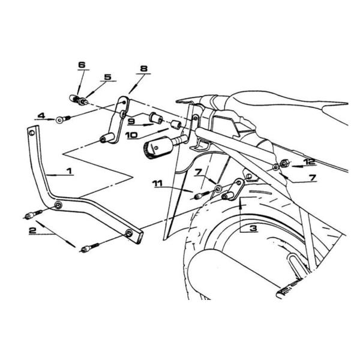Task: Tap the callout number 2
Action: point(34,229)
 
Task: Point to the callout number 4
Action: point(41,115)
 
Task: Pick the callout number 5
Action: point(107,77)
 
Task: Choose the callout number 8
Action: point(143,69)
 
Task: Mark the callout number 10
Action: point(131,135)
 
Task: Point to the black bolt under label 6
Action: point(79,98)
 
